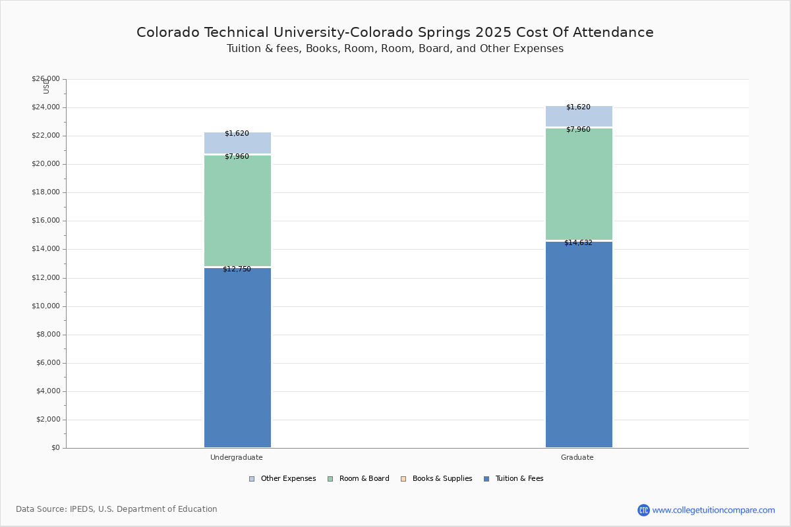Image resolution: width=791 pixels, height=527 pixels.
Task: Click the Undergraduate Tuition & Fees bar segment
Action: pos(238,357)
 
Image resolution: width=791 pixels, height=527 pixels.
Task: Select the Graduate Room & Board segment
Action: pos(579,184)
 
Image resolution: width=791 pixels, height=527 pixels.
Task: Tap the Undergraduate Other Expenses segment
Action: pos(238,143)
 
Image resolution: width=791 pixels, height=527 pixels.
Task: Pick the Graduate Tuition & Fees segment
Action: pos(579,344)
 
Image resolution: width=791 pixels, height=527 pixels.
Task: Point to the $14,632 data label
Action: pos(578,242)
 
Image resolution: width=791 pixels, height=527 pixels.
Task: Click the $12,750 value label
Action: pos(237,269)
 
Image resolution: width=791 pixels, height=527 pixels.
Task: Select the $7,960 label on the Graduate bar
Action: pos(578,130)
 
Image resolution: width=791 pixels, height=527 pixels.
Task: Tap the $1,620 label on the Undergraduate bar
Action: pos(237,134)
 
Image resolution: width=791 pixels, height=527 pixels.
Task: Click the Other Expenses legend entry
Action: pos(282,479)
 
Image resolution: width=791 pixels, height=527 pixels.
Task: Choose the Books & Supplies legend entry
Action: pos(436,479)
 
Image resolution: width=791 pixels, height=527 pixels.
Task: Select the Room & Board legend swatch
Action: pos(330,479)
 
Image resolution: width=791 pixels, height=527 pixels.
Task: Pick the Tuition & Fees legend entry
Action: pos(513,479)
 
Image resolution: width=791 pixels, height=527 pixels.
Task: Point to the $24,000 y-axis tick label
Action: pos(45,107)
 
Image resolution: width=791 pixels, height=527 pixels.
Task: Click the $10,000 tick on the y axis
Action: pos(45,306)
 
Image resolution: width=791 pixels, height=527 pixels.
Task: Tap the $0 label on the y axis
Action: pos(55,448)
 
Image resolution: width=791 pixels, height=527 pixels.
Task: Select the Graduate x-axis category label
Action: pos(577,457)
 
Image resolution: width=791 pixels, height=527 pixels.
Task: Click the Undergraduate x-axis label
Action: pos(236,457)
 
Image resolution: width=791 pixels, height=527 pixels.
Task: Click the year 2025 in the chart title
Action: pos(493,32)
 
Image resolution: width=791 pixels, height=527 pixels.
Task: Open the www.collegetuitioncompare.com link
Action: pos(713,510)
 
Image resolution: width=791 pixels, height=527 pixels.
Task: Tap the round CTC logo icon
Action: pos(643,510)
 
